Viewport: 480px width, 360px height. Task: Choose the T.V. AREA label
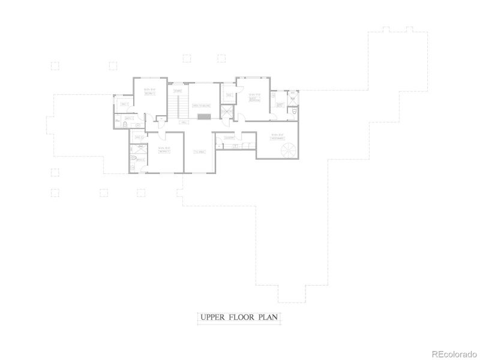click(x=200, y=152)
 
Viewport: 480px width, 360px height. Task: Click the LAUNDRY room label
click(x=228, y=138)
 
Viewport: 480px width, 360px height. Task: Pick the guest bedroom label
click(x=254, y=96)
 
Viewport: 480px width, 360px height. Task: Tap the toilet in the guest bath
click(x=294, y=112)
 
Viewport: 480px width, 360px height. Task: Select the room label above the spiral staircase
click(x=277, y=136)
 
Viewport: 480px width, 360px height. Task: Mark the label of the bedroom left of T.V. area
click(x=164, y=150)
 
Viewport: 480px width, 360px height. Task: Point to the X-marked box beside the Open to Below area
click(x=226, y=112)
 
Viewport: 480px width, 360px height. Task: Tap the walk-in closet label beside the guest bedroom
click(x=229, y=95)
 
